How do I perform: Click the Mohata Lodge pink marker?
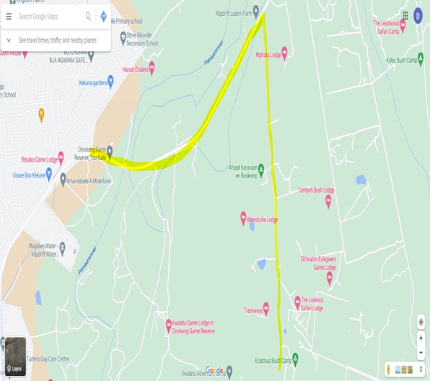click(284, 52)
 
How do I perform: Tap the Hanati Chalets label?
click(134, 70)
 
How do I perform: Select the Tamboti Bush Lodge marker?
click(328, 200)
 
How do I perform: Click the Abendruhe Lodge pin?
click(244, 216)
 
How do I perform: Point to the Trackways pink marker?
click(266, 308)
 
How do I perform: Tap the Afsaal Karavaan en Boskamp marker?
click(261, 169)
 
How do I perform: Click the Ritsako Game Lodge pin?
click(61, 156)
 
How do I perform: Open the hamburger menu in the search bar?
click(9, 16)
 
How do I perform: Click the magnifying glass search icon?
click(89, 16)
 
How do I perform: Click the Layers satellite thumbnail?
click(15, 357)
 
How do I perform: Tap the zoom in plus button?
click(421, 338)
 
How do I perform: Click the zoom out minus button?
click(421, 352)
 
